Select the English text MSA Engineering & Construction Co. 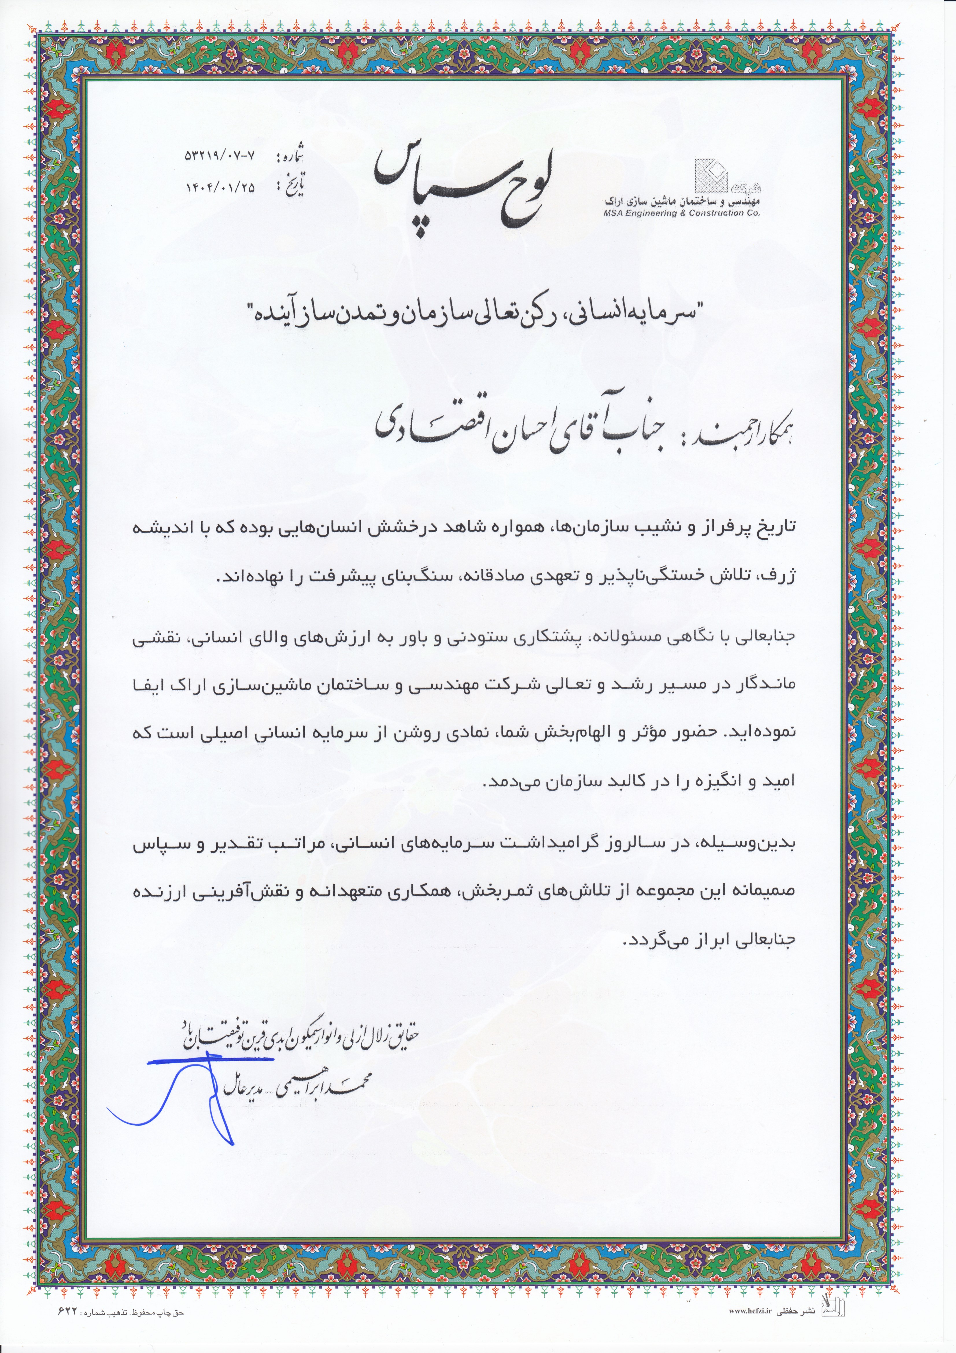click(681, 213)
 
